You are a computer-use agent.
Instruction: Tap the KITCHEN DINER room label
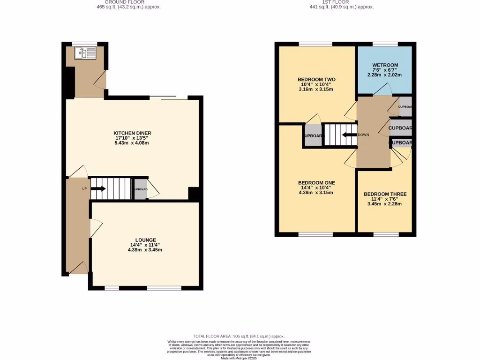[132, 133]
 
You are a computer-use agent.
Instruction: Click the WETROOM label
[385, 65]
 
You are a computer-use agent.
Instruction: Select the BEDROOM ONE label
[316, 183]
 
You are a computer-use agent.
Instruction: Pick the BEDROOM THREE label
[385, 194]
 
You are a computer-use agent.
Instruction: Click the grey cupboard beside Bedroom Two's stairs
[313, 136]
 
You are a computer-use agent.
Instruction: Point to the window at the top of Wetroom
[385, 44]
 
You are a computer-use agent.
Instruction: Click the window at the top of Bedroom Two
[315, 44]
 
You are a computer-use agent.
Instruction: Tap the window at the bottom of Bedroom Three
[386, 234]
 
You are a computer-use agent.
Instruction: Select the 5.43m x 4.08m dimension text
[132, 143]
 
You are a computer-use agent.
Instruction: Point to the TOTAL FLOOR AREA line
[239, 336]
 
